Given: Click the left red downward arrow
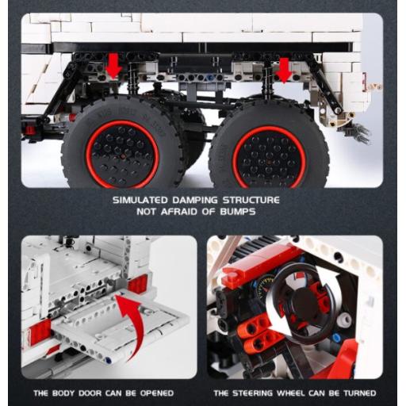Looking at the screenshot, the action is [x=113, y=68].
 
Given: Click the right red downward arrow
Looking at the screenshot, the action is [x=284, y=71].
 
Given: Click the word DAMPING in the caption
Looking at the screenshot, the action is [x=195, y=200].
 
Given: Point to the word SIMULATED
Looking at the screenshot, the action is [x=140, y=200].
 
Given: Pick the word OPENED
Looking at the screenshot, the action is [x=157, y=393].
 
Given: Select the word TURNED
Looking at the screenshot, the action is [x=359, y=393].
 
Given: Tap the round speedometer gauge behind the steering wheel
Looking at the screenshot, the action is [x=265, y=286].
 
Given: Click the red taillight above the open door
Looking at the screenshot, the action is [x=137, y=284].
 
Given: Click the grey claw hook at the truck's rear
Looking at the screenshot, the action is [x=358, y=134].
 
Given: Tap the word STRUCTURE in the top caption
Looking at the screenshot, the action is [x=251, y=200].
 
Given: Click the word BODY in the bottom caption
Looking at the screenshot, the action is [x=63, y=393].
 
